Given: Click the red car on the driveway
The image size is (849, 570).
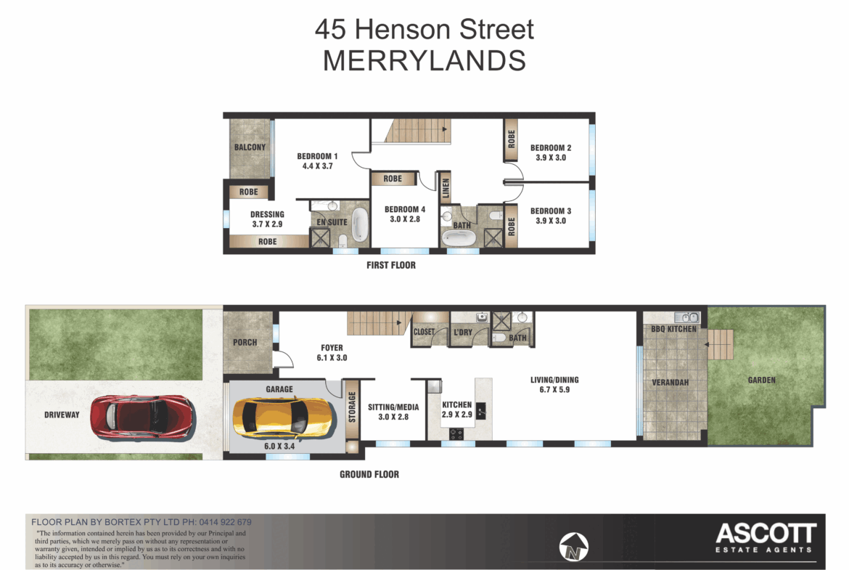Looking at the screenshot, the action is [x=142, y=416].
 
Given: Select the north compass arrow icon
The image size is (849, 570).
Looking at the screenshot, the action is [x=573, y=546].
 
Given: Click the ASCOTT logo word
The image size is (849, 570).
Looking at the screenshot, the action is [x=766, y=533].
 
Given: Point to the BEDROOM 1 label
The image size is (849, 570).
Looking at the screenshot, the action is [x=317, y=156].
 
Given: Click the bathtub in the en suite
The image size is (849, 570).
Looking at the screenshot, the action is [x=359, y=225].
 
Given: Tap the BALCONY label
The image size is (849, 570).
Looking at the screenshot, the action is [x=250, y=147].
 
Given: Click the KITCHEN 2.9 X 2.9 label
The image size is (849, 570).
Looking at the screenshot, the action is [x=457, y=410].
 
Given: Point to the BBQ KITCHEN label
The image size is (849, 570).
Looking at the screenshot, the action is [x=673, y=329].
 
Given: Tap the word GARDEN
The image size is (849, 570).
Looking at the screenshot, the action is [x=762, y=380].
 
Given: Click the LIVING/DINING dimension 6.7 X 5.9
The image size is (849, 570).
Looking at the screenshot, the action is [x=554, y=390].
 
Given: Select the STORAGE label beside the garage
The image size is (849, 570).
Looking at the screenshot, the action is [x=352, y=407].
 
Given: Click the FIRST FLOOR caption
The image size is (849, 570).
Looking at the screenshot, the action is [x=391, y=265].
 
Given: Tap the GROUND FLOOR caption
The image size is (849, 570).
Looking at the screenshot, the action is [x=369, y=474].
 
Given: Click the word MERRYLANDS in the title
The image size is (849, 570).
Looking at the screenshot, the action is [x=424, y=61].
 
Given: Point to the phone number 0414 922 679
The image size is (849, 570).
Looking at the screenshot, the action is [x=225, y=522].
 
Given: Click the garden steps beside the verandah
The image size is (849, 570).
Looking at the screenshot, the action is [x=720, y=344].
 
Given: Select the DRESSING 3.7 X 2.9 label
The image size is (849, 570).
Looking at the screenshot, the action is [x=267, y=219].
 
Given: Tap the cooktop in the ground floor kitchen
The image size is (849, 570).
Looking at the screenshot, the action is [x=456, y=433].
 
